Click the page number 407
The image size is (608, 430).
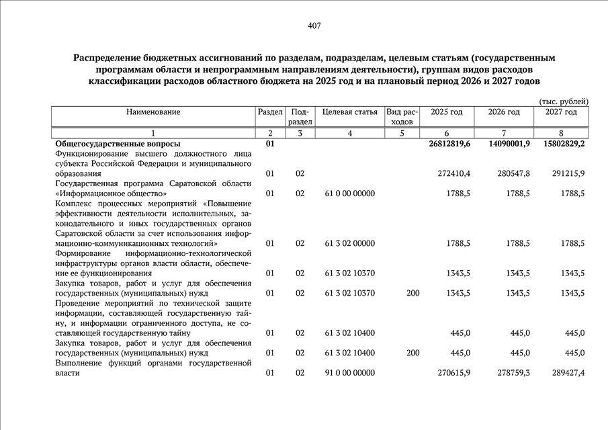(314, 26)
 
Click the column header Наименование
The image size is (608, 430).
(153, 112)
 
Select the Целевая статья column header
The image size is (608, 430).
(349, 112)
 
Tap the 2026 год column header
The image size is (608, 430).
(504, 112)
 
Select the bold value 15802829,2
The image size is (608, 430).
(560, 144)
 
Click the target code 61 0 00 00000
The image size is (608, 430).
(349, 193)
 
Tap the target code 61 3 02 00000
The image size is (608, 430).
(349, 243)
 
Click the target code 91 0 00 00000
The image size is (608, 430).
(349, 372)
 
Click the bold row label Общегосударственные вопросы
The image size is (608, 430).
(117, 144)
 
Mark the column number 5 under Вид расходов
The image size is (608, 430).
(402, 133)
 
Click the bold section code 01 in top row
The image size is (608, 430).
(270, 144)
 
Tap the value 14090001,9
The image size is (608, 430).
(504, 144)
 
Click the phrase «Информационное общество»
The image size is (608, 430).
(101, 193)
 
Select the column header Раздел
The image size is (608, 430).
(270, 112)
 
